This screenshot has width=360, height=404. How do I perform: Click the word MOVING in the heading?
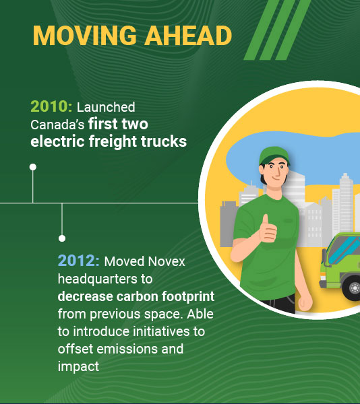84,36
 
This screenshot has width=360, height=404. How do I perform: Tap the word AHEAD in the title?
188,36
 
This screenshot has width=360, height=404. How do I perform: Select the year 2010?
51,106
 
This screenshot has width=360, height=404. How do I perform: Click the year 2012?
78,261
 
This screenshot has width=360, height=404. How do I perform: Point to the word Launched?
106,107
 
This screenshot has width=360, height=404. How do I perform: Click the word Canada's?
57,125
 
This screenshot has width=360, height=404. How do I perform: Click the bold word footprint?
188,296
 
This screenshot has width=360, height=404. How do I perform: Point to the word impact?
78,367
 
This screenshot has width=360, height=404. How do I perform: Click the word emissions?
127,349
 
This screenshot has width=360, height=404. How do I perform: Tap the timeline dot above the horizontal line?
33,167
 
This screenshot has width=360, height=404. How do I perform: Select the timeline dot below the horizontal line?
62,238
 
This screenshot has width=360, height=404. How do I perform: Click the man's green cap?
274,156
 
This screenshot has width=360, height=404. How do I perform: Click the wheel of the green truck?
353,288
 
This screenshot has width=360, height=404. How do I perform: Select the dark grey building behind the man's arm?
229,224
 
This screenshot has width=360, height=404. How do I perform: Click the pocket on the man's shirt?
288,220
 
